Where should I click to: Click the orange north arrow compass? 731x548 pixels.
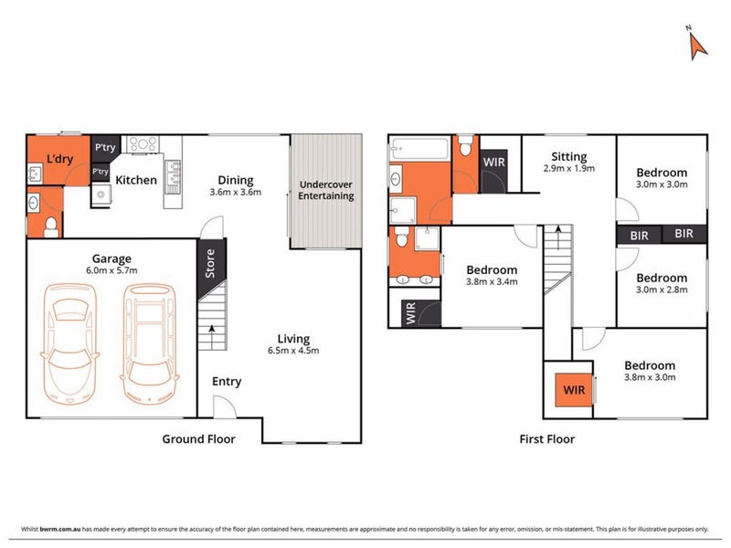697,47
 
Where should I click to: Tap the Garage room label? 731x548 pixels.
111,258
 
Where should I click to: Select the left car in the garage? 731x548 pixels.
69,343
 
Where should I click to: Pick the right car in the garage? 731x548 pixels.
150,344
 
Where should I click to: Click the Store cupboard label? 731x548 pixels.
210,263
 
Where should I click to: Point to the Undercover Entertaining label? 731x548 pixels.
326,190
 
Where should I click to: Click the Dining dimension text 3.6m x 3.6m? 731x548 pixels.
236,192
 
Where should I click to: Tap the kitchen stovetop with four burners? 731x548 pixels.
143,143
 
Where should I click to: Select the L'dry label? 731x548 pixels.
59,159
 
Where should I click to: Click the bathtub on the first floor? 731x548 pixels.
419,148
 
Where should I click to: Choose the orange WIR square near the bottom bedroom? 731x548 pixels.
574,390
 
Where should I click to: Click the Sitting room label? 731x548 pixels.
568,156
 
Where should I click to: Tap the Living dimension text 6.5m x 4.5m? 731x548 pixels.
293,351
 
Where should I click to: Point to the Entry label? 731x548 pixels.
227,382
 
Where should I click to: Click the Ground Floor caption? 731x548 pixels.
198,439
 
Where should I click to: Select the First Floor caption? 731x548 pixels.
546,439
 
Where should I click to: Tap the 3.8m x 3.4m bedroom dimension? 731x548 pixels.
492,281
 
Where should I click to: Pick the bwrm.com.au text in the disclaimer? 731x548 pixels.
60,529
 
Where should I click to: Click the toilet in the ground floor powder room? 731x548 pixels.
51,227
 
